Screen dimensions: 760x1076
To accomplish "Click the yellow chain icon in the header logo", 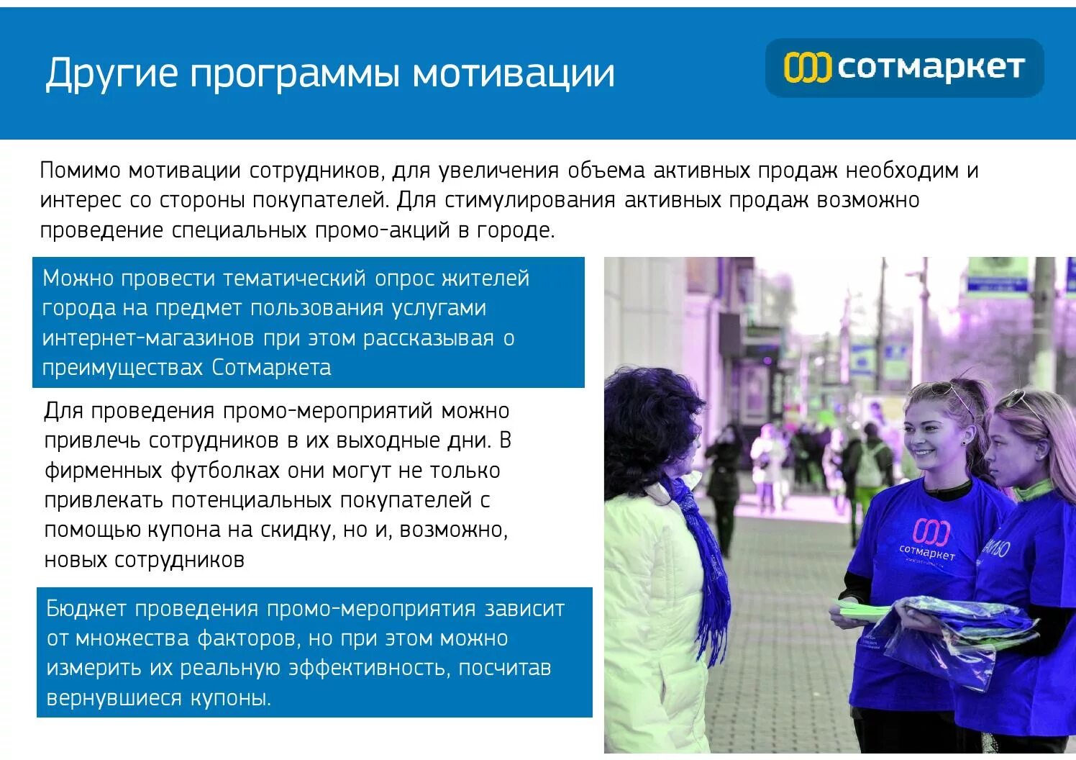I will (x=807, y=68).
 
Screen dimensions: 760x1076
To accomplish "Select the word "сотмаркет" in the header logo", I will (x=931, y=67).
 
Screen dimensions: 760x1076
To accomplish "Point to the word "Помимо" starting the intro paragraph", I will (x=80, y=171).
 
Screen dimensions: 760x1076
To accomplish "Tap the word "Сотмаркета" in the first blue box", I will (x=271, y=368).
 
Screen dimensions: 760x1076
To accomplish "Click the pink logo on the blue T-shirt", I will (x=931, y=531).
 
